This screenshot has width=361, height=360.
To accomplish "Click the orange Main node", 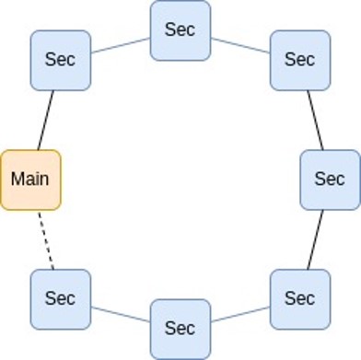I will tap(30, 180).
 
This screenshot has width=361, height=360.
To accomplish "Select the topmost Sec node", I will tap(180, 30).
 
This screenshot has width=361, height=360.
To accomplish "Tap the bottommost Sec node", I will tap(180, 329).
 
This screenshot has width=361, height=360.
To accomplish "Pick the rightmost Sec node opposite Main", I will tap(330, 180).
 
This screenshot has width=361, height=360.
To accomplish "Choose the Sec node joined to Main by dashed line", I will tap(60, 299).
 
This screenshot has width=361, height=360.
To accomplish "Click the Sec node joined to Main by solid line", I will tap(60, 60).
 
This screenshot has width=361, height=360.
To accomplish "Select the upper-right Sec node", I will tap(299, 60).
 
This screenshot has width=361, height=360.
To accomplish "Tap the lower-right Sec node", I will tap(299, 299).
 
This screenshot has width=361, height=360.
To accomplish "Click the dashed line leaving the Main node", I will tap(45, 239).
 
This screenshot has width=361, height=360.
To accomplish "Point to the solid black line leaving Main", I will tap(45, 120).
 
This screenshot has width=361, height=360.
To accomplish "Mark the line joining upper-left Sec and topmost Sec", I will tap(120, 45).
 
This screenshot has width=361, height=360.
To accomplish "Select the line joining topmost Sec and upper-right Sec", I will tap(239, 45).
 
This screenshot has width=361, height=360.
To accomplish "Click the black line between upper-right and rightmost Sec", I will tap(315, 120).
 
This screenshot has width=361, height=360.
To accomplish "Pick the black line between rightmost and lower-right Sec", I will tap(315, 239).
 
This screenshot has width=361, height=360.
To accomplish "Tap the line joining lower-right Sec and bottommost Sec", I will tap(239, 314).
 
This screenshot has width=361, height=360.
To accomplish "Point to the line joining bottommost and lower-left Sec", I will tap(120, 314).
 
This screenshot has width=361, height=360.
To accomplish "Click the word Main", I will tap(30, 180).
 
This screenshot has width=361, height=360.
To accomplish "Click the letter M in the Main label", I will tap(17, 180).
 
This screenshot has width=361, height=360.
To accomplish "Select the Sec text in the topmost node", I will tap(180, 29).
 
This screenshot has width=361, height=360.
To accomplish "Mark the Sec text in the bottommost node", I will tap(180, 329).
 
